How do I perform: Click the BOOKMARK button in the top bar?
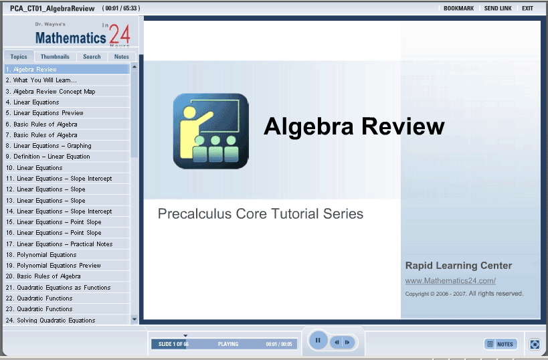(x=458, y=9)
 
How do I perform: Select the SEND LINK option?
(x=498, y=9)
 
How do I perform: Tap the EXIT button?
(x=527, y=9)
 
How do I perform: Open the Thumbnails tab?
(x=55, y=57)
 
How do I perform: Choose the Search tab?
(x=92, y=57)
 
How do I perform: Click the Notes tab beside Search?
(x=121, y=57)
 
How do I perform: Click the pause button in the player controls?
(x=318, y=340)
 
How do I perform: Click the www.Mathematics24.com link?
(x=450, y=280)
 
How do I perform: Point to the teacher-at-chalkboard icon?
(x=211, y=131)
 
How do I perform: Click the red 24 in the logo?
(x=120, y=34)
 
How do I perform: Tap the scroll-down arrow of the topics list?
(x=134, y=319)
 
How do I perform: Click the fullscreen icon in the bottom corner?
(x=535, y=344)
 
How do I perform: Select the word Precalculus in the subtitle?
(x=195, y=213)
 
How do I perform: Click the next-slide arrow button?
(x=347, y=342)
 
